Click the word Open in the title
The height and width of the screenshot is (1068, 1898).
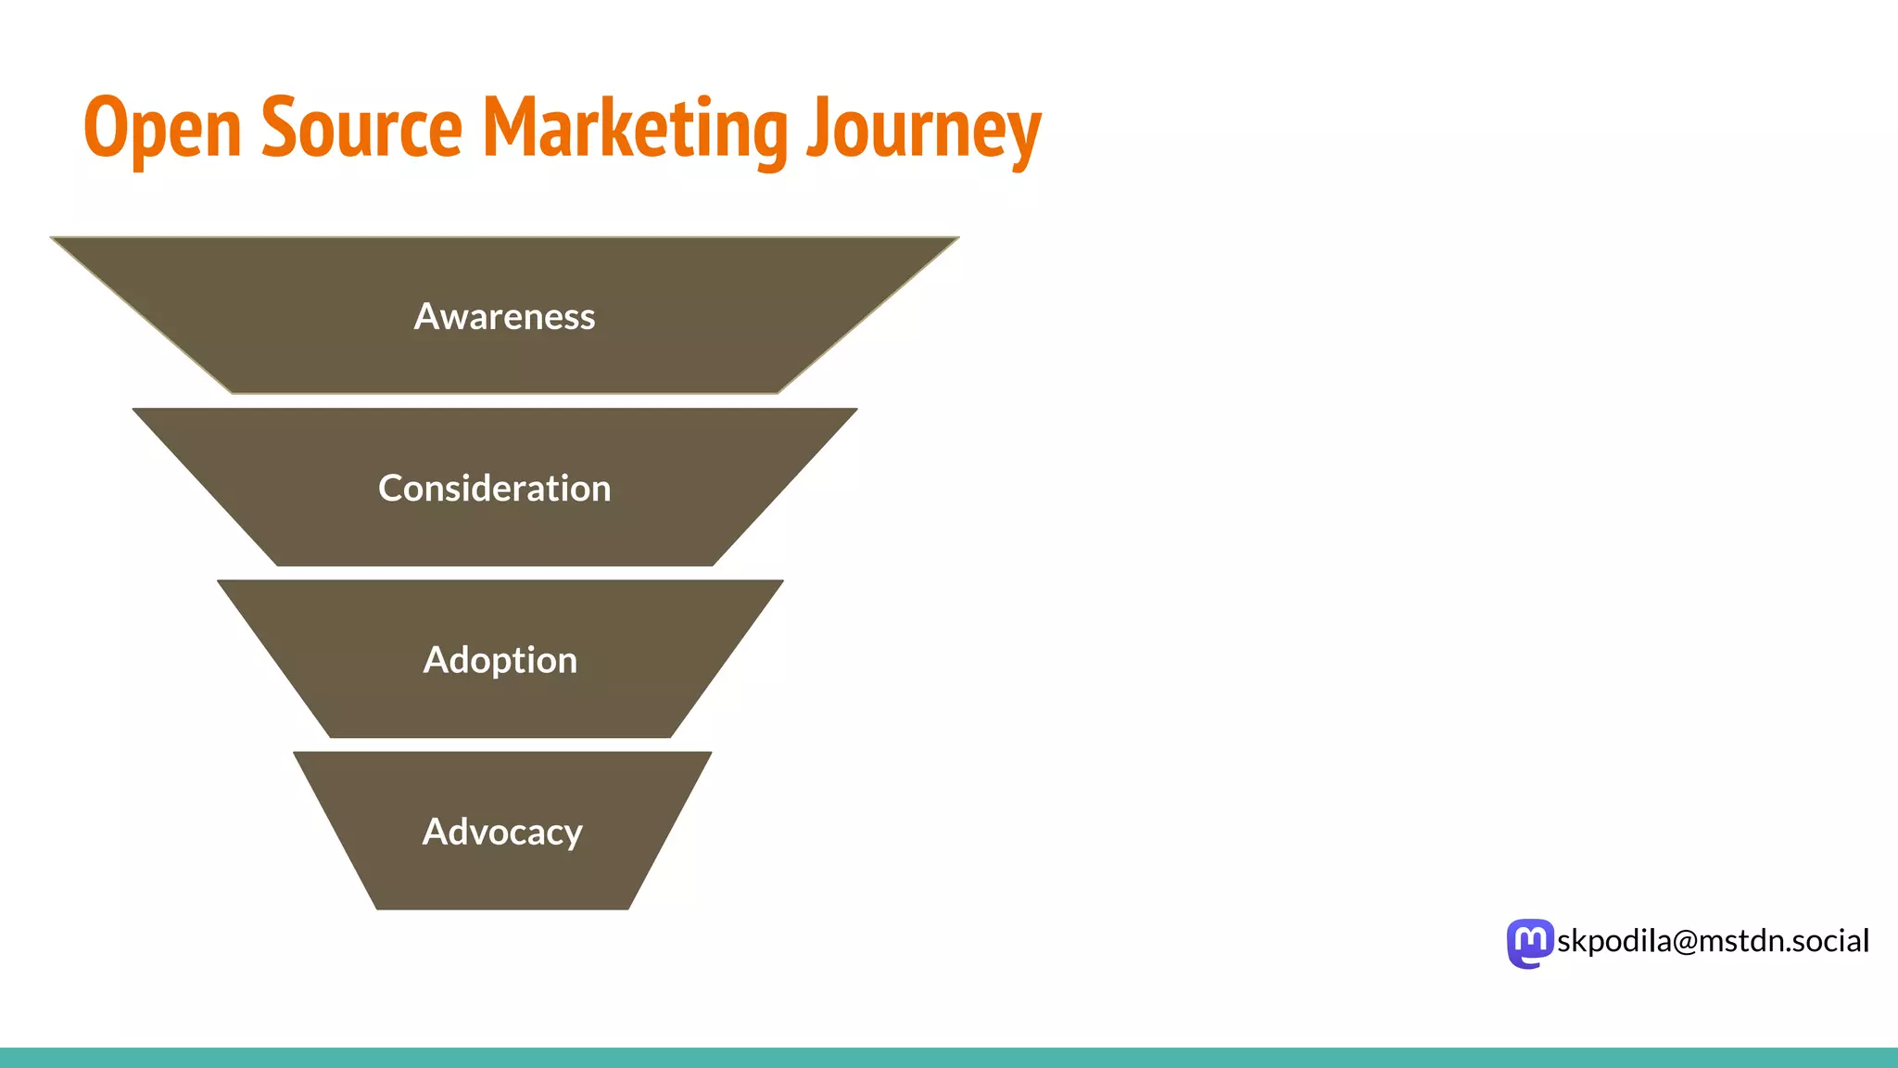pyautogui.click(x=162, y=130)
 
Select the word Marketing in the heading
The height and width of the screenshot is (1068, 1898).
pyautogui.click(x=636, y=130)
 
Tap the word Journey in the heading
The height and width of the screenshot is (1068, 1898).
pyautogui.click(x=924, y=130)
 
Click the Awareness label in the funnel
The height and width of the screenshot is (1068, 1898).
pyautogui.click(x=504, y=317)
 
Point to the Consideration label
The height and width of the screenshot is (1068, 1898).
pyautogui.click(x=494, y=489)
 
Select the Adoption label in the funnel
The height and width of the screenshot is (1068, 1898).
pyautogui.click(x=500, y=660)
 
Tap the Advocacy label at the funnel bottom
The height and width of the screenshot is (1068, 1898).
pyautogui.click(x=502, y=832)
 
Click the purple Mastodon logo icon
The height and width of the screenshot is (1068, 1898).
pyautogui.click(x=1529, y=943)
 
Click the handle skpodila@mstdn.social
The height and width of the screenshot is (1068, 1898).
pyautogui.click(x=1713, y=941)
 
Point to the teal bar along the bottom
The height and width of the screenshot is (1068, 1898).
pyautogui.click(x=949, y=1058)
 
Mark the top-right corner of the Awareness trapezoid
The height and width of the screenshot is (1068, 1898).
pyautogui.click(x=957, y=238)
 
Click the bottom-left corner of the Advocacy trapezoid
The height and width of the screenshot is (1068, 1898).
pyautogui.click(x=377, y=909)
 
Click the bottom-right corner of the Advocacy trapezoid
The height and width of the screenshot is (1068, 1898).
pyautogui.click(x=628, y=909)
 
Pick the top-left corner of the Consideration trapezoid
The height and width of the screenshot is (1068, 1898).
pyautogui.click(x=134, y=410)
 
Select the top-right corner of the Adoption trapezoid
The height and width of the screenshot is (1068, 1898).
pyautogui.click(x=782, y=581)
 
